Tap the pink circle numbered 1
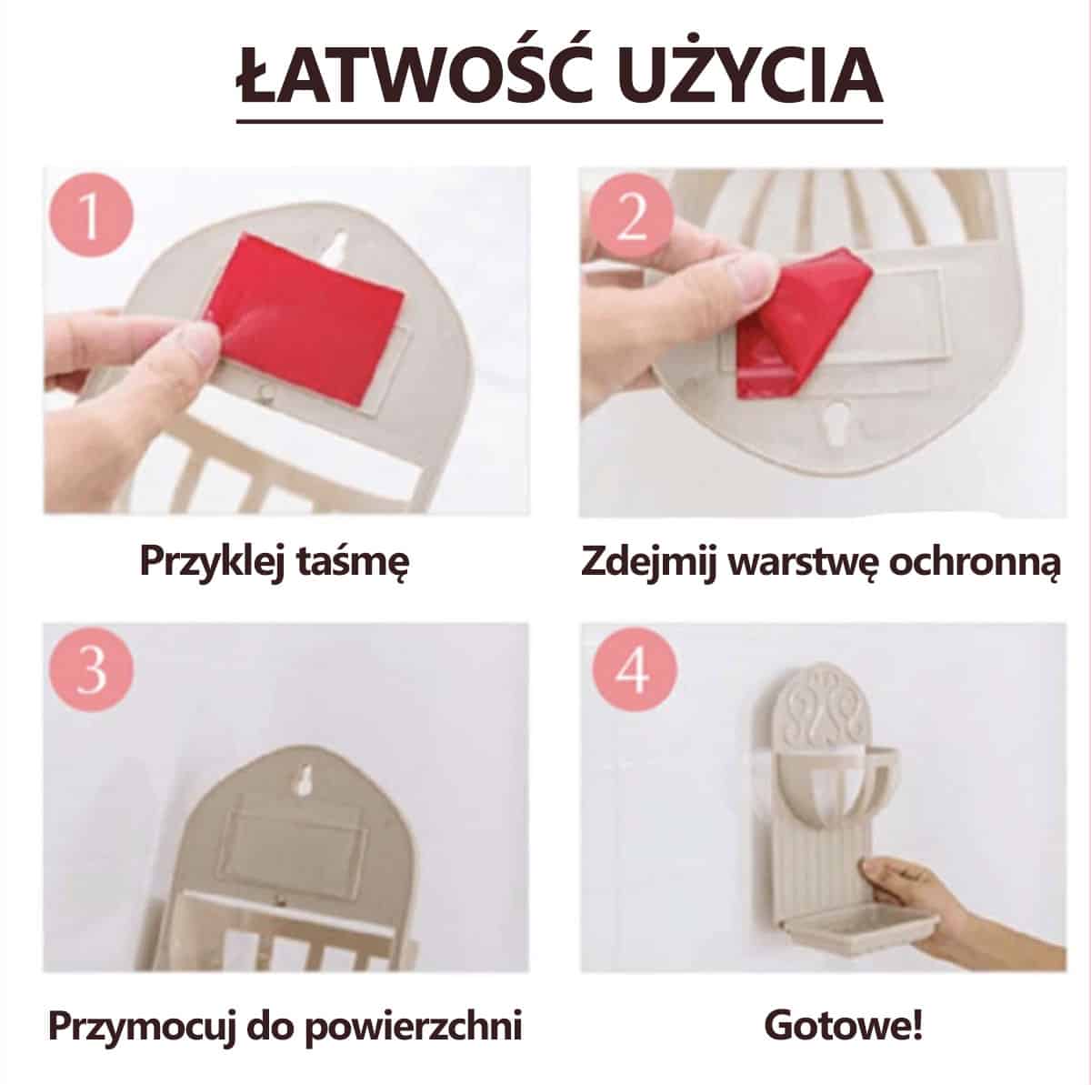point(91,216)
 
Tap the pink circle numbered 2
point(630,215)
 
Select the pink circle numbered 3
point(91,669)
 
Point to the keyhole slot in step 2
point(837,422)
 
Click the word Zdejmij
point(649,562)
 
